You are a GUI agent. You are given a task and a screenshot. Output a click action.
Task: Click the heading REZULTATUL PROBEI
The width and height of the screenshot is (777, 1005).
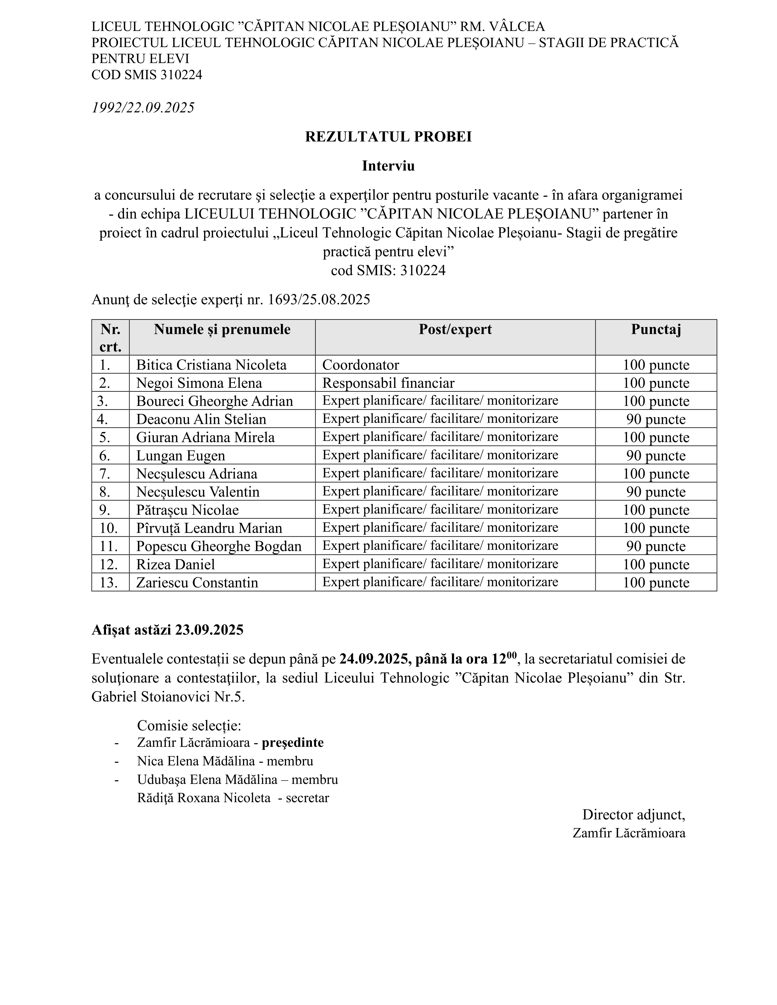point(388,137)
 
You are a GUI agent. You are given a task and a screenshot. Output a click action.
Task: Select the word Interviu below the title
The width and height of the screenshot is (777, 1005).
point(388,166)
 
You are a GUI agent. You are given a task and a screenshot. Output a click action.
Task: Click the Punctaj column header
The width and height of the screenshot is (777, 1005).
point(655,330)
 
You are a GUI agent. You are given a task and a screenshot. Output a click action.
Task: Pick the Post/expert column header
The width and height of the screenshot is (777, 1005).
point(455,330)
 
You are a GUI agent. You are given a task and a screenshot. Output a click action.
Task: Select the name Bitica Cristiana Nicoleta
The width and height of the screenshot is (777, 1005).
point(211,365)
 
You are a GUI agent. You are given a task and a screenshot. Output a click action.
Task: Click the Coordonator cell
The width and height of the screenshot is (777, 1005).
point(360,365)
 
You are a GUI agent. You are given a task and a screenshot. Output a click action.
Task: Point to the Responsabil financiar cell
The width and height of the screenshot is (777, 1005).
point(388,383)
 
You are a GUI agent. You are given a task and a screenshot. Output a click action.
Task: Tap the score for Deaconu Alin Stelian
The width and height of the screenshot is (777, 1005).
point(655,419)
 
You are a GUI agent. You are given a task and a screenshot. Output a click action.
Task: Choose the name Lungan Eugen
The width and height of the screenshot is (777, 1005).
point(180,456)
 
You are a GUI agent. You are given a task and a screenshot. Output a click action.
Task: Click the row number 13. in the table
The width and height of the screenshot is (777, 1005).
point(109,583)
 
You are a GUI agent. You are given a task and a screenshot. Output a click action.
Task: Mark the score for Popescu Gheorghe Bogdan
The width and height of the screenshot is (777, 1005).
point(655,546)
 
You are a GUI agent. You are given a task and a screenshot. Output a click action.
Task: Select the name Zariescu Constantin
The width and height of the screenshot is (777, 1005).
point(197,583)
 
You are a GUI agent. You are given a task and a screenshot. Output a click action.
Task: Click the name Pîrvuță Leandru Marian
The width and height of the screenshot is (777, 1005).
point(209,528)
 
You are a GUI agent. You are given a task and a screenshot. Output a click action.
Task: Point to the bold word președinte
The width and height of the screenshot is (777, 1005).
point(293,742)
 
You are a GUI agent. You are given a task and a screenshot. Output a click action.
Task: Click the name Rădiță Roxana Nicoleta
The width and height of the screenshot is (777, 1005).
point(204,798)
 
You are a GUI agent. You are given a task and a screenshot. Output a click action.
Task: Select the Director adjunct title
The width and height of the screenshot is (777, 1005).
point(633,814)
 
